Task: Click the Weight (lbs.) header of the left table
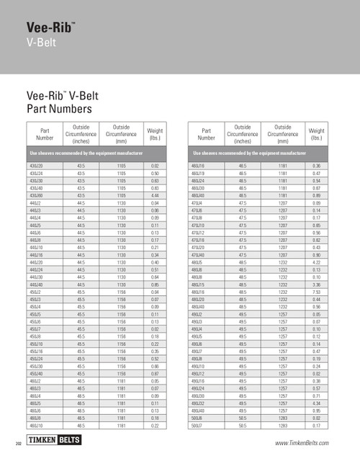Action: (x=154, y=134)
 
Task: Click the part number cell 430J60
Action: (x=36, y=194)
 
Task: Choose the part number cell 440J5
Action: (x=35, y=225)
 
